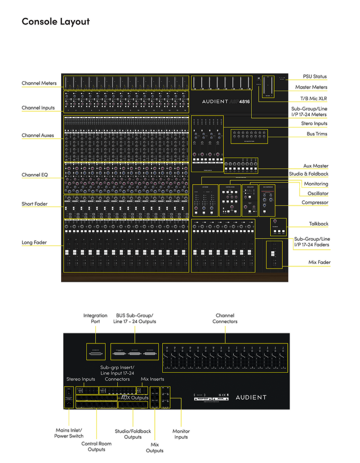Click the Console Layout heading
tap(56, 22)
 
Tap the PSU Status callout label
tap(315, 76)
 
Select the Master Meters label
tap(311, 87)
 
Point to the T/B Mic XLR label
tap(314, 98)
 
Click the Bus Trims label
tap(317, 134)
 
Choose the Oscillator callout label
tap(318, 193)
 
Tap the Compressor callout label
tap(315, 202)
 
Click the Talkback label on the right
tap(319, 224)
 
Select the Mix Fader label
tap(319, 262)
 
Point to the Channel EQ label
tap(35, 175)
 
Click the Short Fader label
tap(35, 204)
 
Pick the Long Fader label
tap(34, 242)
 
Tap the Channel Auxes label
tap(38, 135)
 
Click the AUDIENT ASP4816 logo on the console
tap(226, 102)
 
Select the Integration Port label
tap(95, 318)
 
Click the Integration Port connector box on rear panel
tap(96, 352)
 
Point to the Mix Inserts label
tap(152, 379)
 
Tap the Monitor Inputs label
tap(181, 434)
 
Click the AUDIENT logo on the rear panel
tap(251, 397)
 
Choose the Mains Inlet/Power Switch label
tap(69, 433)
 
